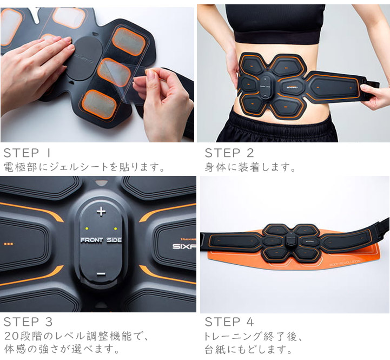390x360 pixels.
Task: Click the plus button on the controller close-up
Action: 101,212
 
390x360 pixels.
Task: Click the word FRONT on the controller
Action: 91,240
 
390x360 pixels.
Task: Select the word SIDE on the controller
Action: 114,240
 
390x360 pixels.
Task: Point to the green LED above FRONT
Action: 87,228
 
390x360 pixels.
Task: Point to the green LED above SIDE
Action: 115,228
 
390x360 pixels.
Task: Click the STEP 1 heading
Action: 28,153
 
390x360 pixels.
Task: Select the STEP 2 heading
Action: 229,153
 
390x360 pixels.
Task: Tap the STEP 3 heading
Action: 28,322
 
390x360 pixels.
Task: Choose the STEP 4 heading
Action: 229,322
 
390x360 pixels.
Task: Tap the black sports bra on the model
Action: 275,24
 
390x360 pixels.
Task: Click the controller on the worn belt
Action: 266,87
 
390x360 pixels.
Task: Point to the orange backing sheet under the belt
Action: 294,254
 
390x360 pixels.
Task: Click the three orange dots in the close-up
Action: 9,244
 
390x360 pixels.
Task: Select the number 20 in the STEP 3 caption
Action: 11,336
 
